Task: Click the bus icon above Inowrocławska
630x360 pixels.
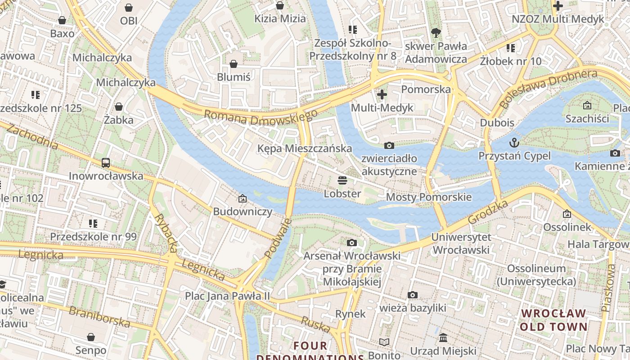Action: (x=106, y=163)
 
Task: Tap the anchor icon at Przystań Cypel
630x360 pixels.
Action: (x=514, y=143)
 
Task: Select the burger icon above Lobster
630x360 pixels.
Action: (x=342, y=181)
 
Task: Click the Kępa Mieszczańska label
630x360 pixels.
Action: (x=305, y=148)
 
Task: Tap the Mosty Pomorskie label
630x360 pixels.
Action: (x=429, y=197)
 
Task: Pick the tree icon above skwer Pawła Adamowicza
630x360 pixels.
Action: (x=436, y=32)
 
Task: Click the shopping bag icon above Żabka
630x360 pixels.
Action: (x=119, y=107)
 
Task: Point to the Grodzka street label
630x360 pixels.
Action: (x=488, y=212)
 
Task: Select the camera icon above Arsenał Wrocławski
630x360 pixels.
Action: (x=352, y=243)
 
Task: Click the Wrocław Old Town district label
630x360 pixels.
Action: (x=554, y=320)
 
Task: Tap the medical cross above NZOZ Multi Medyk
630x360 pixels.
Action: (x=558, y=6)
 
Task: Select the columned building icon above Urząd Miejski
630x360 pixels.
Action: (x=443, y=337)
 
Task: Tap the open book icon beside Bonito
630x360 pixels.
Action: (x=384, y=342)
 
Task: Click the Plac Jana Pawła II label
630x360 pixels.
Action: (x=228, y=296)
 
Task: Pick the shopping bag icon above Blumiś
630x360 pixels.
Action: (x=234, y=64)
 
